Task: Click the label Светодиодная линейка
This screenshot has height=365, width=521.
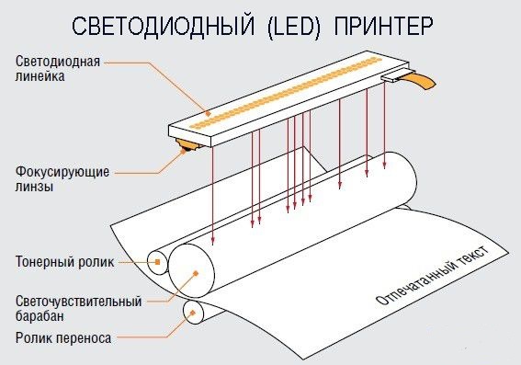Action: click(57, 70)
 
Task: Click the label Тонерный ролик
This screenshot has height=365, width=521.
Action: click(64, 262)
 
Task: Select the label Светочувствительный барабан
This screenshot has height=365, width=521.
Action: click(78, 308)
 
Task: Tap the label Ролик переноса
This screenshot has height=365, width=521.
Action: click(63, 338)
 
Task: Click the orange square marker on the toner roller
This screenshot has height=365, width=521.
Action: click(158, 262)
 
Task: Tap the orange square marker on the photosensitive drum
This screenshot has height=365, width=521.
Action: click(194, 273)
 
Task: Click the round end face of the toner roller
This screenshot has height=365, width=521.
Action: click(157, 262)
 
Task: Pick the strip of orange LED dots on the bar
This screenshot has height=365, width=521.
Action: click(294, 93)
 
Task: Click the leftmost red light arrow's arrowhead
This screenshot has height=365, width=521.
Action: click(212, 242)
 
